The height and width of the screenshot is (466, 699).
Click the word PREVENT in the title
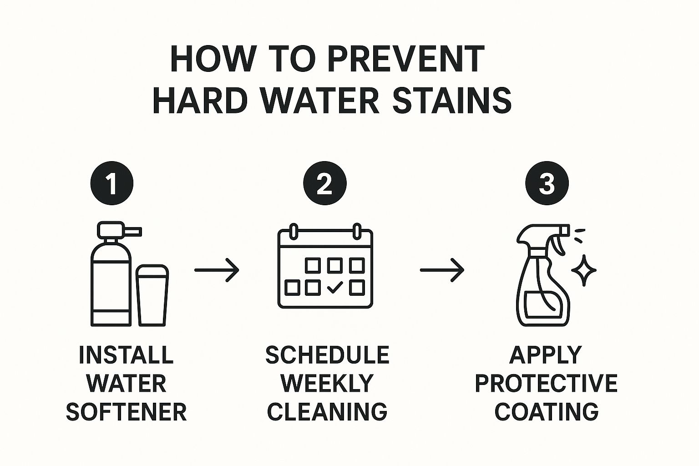[x=406, y=60]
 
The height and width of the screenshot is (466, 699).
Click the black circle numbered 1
[x=111, y=183]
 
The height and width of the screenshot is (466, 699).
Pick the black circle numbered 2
[x=325, y=183]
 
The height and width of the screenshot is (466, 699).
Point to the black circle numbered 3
[x=547, y=183]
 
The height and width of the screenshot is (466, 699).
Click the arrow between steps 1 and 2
[x=217, y=270]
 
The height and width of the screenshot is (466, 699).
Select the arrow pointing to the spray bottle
[x=442, y=270]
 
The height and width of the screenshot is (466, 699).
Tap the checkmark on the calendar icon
[x=335, y=287]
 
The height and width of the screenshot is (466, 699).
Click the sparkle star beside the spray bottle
[x=584, y=270]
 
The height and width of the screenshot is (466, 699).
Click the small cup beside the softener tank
[x=152, y=296]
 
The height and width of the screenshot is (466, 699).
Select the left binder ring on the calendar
[x=294, y=231]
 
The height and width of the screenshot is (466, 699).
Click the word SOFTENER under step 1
[x=127, y=412]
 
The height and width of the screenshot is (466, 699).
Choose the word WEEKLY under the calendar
[x=327, y=383]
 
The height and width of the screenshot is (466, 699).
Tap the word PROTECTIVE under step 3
[x=546, y=383]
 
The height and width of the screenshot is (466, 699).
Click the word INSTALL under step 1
[x=127, y=355]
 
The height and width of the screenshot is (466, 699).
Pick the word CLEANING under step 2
[x=327, y=412]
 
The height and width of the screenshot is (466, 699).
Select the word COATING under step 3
[x=546, y=412]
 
